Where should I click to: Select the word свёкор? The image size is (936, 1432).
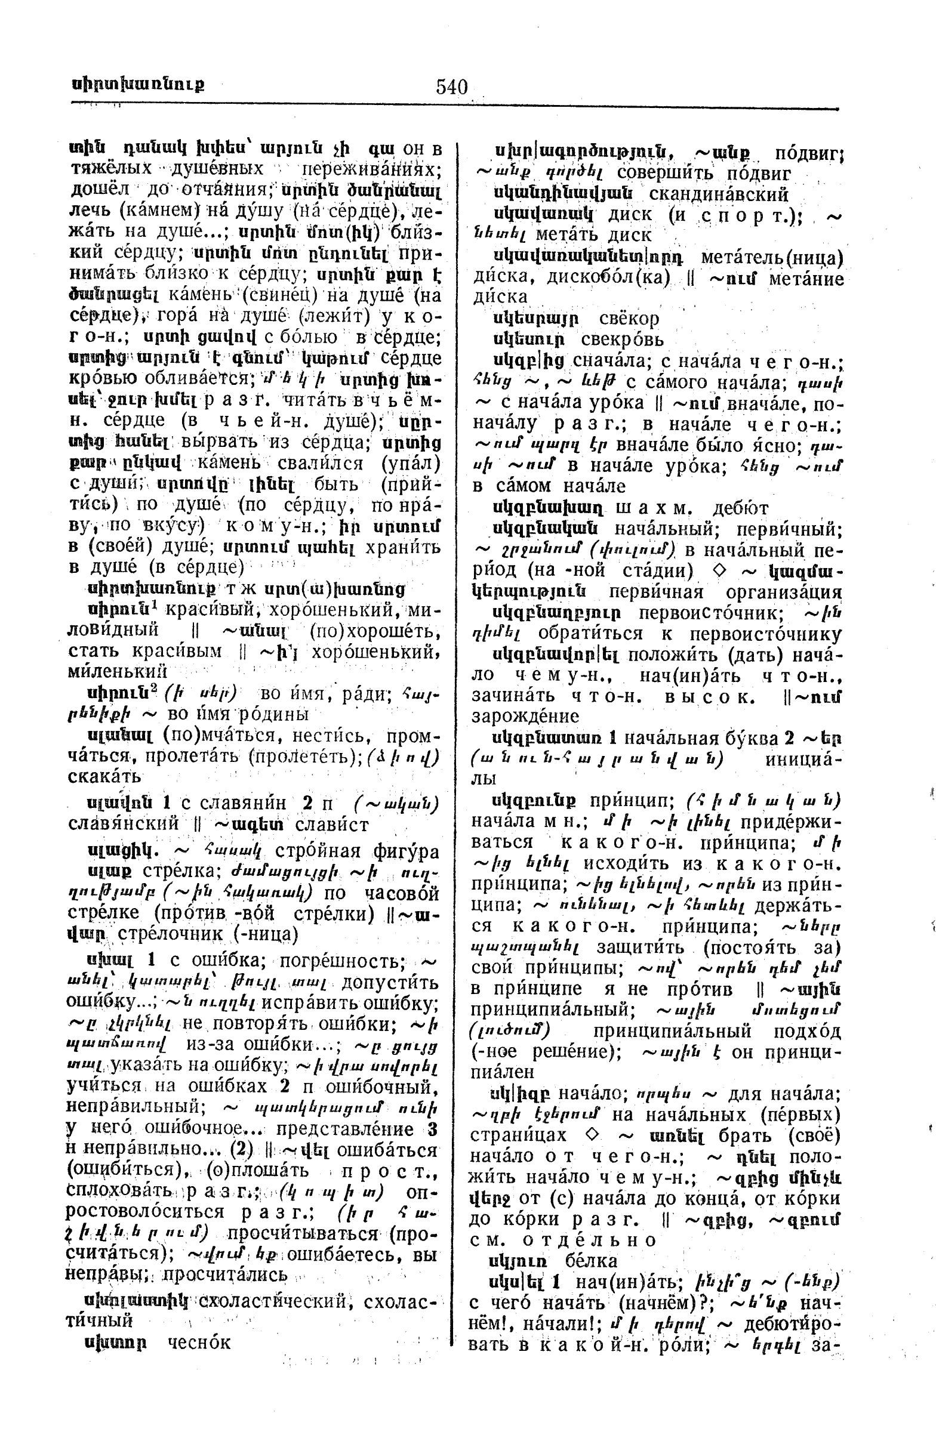629,318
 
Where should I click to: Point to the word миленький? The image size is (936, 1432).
118,671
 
